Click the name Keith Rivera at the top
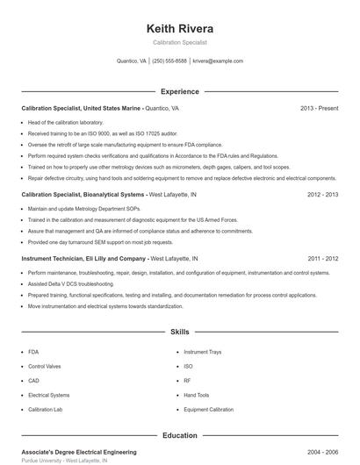pyautogui.click(x=180, y=28)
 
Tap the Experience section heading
pyautogui.click(x=180, y=91)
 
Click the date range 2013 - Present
pyautogui.click(x=319, y=109)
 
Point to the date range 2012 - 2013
pyautogui.click(x=322, y=194)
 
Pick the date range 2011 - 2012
pyautogui.click(x=322, y=260)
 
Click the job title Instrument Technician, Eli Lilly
pyautogui.click(x=84, y=260)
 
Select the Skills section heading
pyautogui.click(x=180, y=333)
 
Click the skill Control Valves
pyautogui.click(x=45, y=366)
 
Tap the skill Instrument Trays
pyautogui.click(x=202, y=352)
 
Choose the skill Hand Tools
pyautogui.click(x=197, y=395)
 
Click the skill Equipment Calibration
pyautogui.click(x=208, y=410)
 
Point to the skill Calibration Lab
pyautogui.click(x=46, y=410)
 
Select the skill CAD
pyautogui.click(x=34, y=381)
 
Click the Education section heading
pyautogui.click(x=180, y=435)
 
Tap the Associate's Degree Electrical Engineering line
pyautogui.click(x=79, y=451)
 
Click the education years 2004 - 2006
pyautogui.click(x=322, y=451)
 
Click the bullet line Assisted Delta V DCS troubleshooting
pyautogui.click(x=71, y=284)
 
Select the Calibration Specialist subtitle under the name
pyautogui.click(x=180, y=42)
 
